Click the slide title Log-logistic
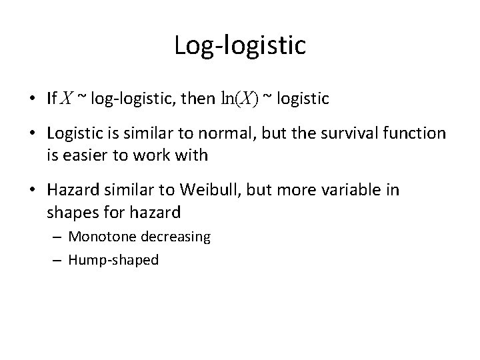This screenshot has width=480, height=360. point(240,45)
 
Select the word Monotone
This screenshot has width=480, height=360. point(99,237)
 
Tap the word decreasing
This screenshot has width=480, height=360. point(173,237)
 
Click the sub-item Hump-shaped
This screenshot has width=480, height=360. point(113,259)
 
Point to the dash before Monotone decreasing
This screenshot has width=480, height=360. point(59,237)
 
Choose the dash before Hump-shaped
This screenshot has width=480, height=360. point(59,260)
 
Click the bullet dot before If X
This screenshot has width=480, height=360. point(32,99)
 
